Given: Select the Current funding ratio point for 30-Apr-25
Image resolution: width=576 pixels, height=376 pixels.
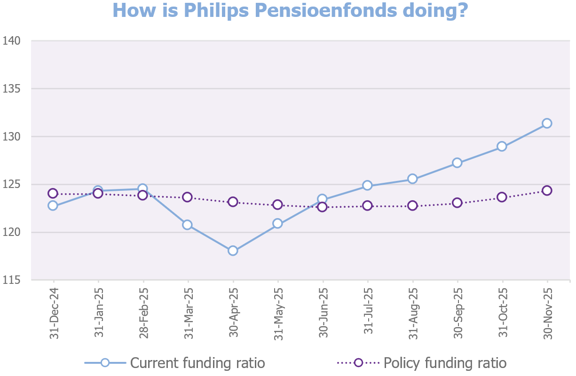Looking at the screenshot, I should point(233,251).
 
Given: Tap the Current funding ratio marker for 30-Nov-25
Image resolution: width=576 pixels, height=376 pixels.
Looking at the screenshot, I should point(547,123).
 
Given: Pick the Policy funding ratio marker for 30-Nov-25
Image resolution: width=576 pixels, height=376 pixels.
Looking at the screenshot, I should point(547,190).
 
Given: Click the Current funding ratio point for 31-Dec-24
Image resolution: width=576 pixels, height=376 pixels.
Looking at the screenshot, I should point(53,205).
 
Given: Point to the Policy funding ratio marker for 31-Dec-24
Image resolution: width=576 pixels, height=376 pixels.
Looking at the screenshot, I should point(53,193).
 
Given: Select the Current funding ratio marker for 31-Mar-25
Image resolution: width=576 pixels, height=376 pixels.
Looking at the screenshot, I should point(187,225).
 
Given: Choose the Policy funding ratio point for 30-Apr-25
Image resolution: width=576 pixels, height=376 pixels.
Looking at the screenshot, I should point(233,202).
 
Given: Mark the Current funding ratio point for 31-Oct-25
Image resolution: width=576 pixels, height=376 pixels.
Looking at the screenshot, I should point(502,146).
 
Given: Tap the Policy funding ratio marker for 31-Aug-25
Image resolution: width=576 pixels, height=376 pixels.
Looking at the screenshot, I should point(412,205).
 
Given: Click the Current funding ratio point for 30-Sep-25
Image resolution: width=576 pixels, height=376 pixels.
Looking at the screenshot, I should point(457,163).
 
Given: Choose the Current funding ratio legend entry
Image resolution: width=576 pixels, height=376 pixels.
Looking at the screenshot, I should point(175,363).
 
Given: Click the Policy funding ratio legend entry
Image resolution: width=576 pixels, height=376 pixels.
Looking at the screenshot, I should point(422,363).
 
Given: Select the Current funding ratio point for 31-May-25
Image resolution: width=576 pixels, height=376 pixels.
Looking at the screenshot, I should point(277,223).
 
